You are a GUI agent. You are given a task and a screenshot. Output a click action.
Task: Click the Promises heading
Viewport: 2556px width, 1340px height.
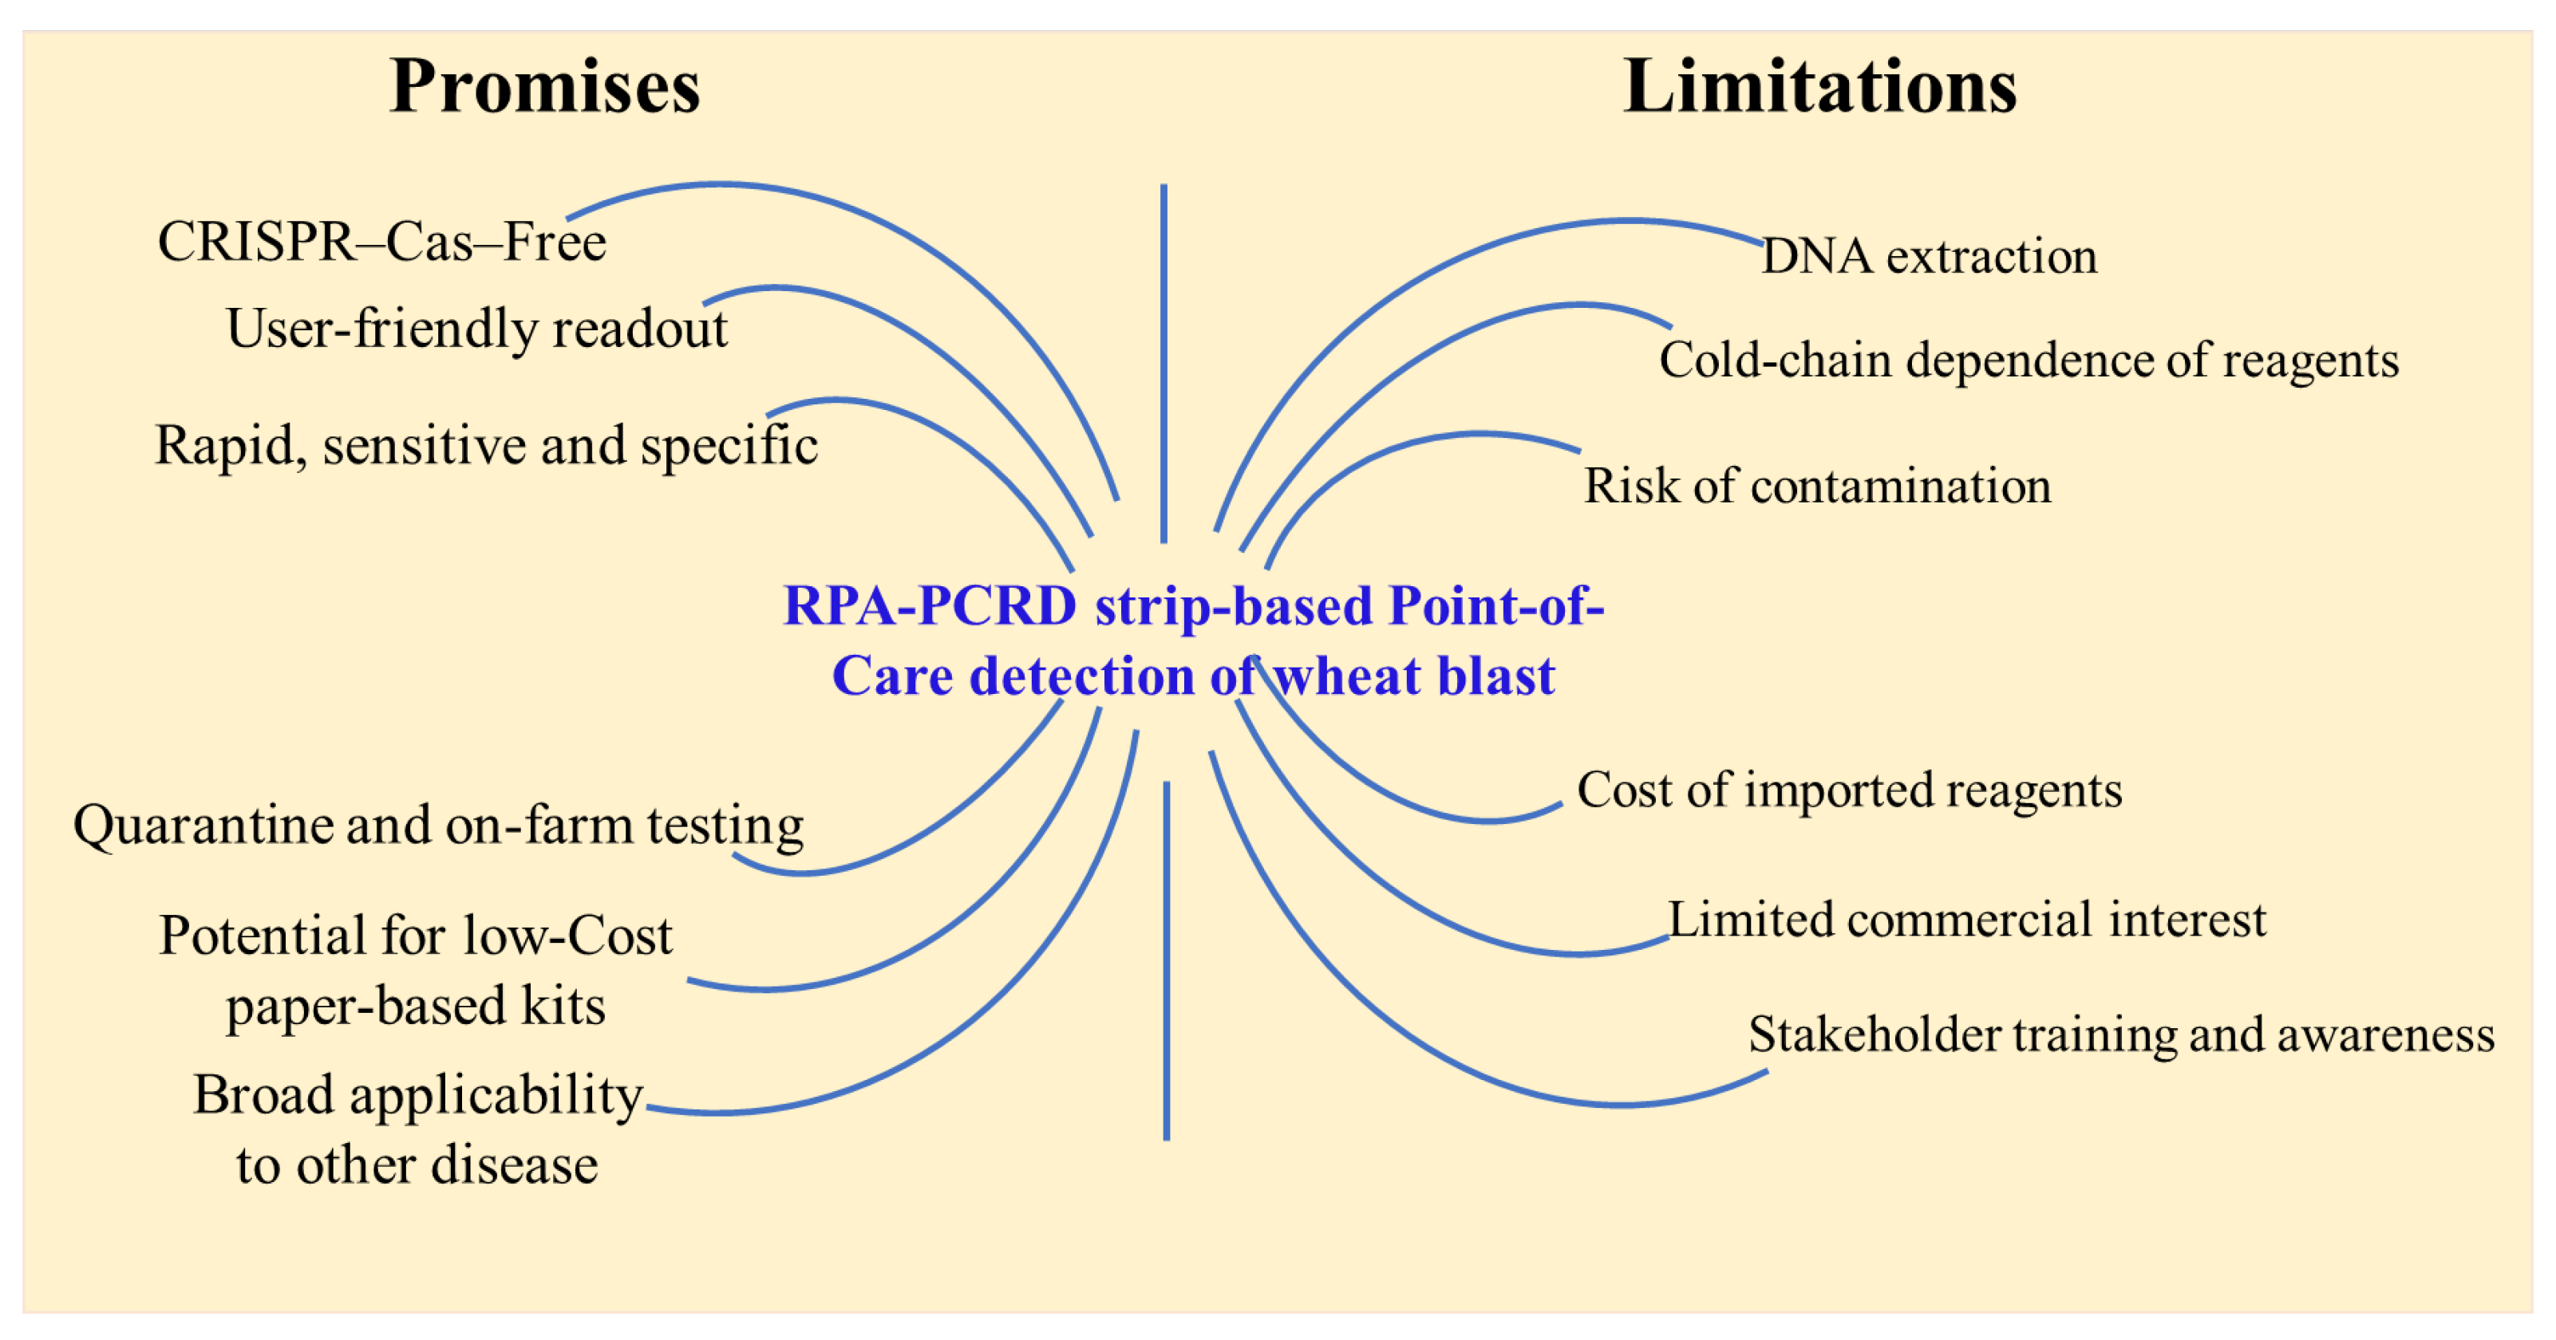coord(545,87)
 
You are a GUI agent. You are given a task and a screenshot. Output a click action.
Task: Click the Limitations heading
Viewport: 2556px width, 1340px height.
coord(1819,87)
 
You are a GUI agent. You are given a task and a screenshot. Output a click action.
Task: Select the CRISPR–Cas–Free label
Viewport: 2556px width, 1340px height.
coord(382,242)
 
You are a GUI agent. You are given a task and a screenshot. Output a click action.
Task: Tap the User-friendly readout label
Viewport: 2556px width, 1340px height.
coord(477,329)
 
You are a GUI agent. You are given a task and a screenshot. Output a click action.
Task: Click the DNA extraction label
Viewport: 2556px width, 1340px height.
coord(1929,257)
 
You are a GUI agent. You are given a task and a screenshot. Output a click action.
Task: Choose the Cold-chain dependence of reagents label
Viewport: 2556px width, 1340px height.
coord(2029,360)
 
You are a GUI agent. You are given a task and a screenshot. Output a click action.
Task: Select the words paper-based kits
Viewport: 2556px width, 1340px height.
coord(416,1006)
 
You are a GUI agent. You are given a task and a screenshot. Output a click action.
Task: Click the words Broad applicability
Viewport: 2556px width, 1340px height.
coord(417,1095)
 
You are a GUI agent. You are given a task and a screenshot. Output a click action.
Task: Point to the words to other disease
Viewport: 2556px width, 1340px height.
coord(417,1165)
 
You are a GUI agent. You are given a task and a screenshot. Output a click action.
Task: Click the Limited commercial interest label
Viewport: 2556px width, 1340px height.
coord(1966,920)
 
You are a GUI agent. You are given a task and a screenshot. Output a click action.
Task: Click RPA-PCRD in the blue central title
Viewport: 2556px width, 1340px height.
coord(930,606)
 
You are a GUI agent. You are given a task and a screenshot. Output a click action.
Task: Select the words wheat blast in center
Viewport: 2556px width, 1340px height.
coord(1413,676)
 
